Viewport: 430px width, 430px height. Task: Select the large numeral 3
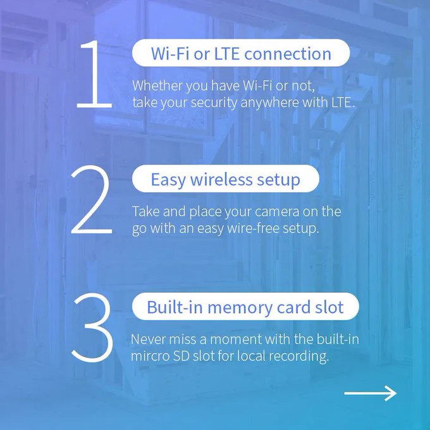pos(93,328)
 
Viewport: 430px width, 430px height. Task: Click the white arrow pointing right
pos(370,393)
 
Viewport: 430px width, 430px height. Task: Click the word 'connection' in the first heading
pos(288,54)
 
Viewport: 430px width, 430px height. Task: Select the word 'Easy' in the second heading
pos(168,180)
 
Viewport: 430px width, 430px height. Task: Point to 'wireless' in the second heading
pos(221,180)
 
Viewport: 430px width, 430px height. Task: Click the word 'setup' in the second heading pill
pos(279,180)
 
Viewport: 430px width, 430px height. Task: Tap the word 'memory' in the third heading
pos(240,308)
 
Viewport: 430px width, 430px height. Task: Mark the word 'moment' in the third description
pos(236,339)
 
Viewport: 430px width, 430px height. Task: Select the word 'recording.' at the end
pos(298,356)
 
